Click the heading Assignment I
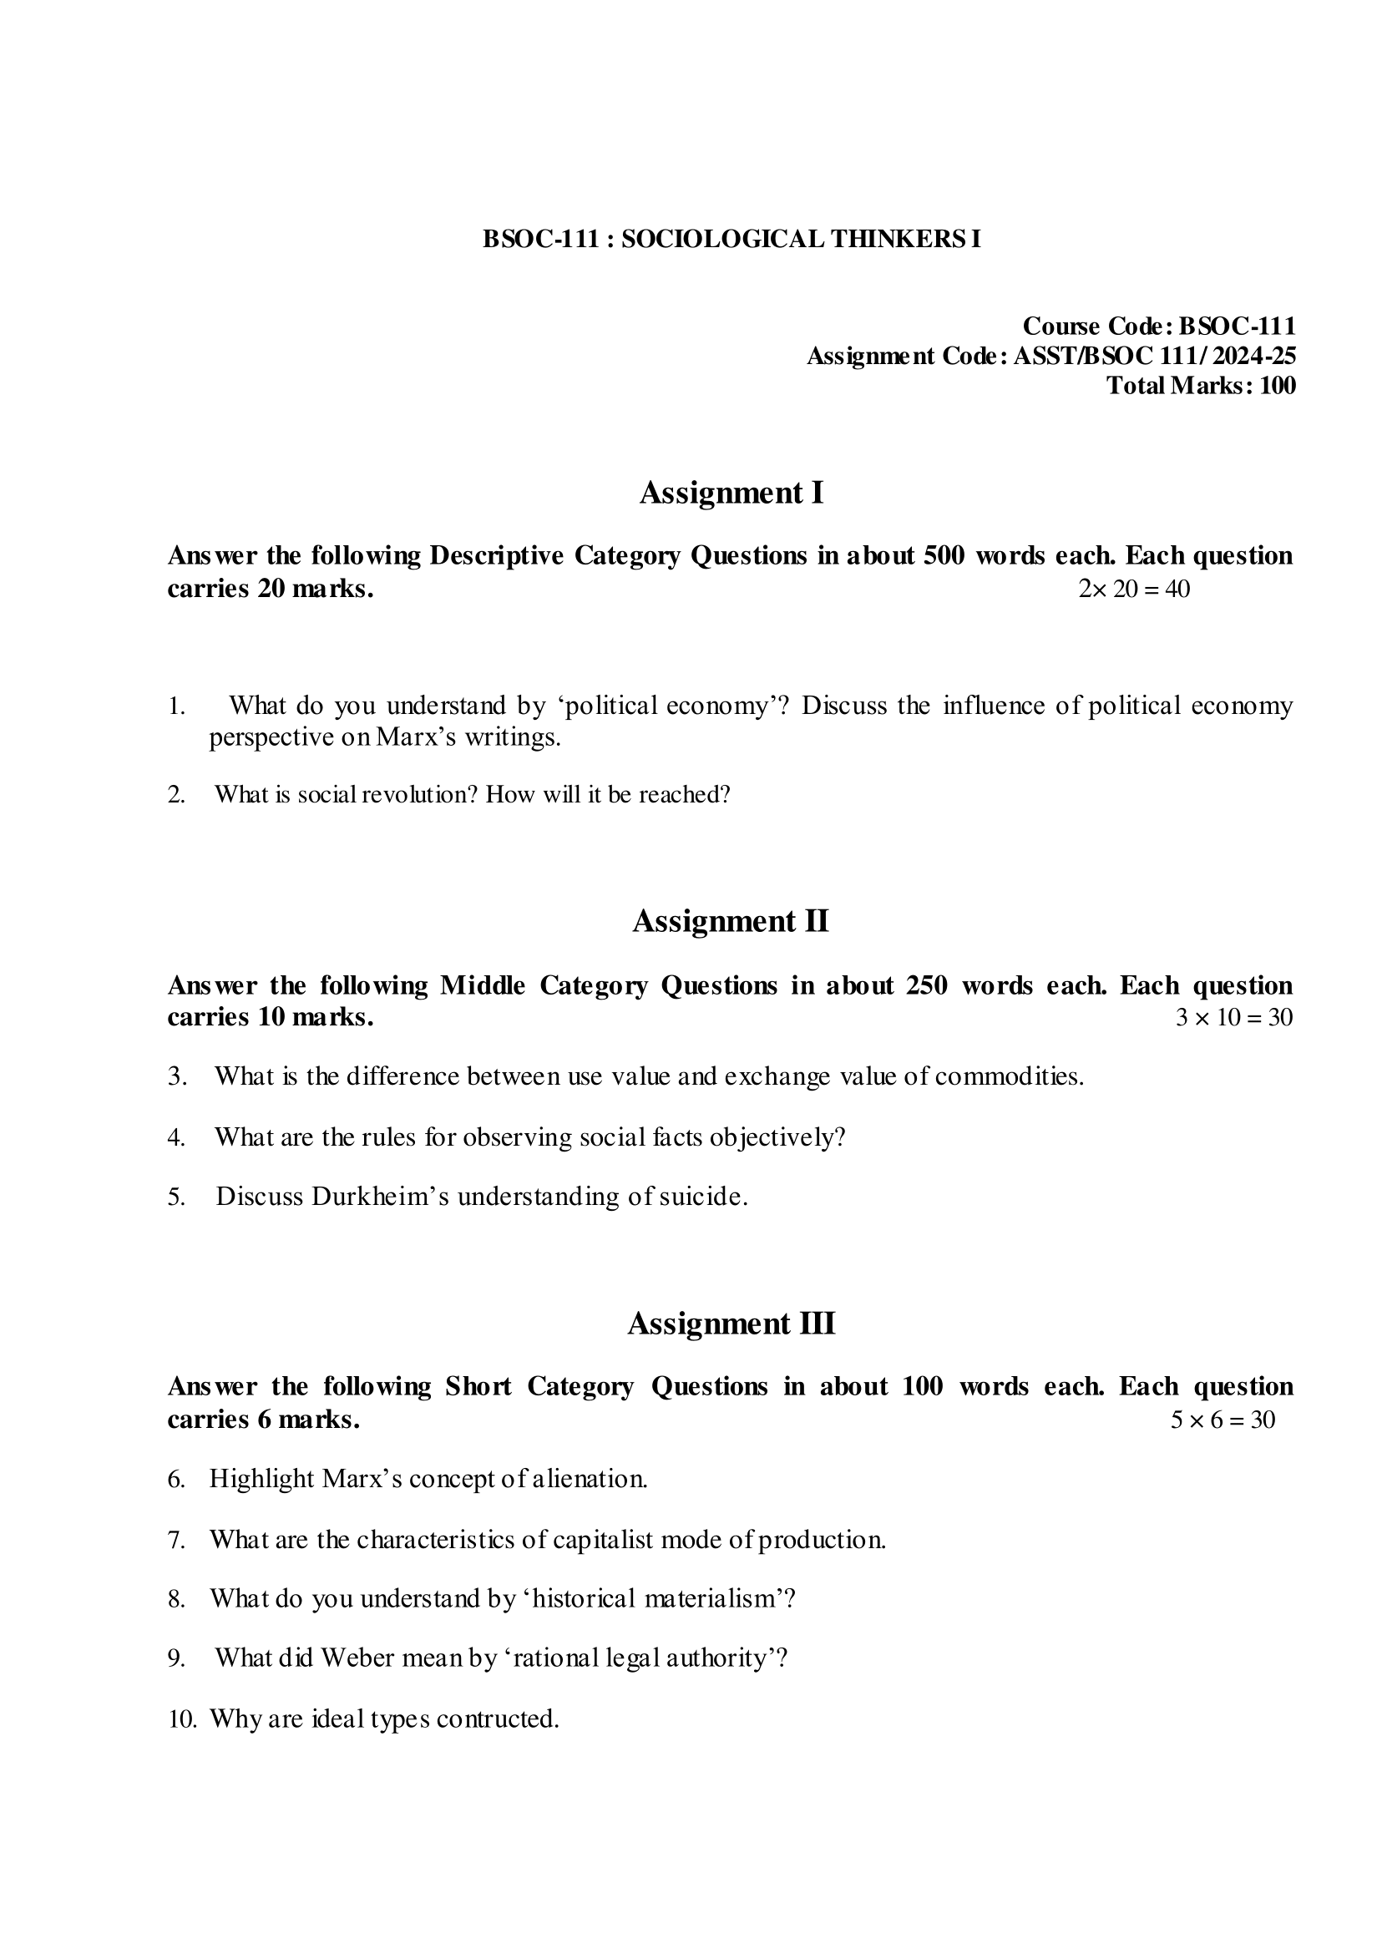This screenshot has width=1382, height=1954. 731,493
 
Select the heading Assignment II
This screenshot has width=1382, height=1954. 730,921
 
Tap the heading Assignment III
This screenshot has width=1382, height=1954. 731,1324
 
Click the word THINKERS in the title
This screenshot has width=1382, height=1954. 893,239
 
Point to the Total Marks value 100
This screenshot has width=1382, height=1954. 1278,386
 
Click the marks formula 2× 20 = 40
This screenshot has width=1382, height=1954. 1133,589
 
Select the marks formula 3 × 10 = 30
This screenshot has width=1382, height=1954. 1234,1017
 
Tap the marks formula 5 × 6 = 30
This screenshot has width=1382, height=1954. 1222,1420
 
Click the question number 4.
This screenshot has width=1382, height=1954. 176,1137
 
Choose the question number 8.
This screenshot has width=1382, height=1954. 176,1599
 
